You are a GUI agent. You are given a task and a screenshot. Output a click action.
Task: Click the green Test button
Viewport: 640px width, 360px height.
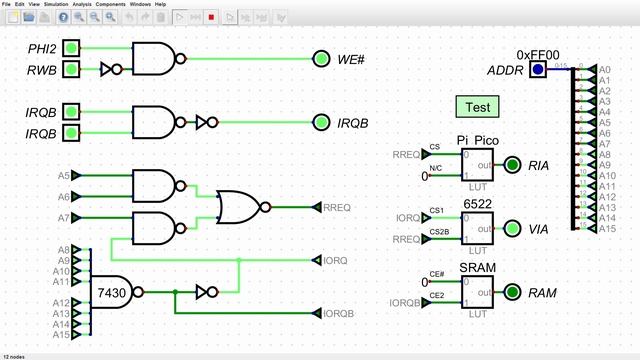click(477, 106)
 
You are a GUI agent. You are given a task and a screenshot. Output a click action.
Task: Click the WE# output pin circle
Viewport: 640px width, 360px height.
click(320, 58)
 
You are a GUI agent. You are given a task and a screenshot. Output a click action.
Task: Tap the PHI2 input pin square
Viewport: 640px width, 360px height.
click(71, 48)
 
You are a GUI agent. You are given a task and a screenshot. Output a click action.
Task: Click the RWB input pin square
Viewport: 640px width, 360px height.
click(71, 69)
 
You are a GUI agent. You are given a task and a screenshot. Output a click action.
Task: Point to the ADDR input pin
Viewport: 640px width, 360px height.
click(538, 69)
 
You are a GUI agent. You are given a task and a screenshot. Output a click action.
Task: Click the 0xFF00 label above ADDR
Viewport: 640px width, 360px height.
click(538, 54)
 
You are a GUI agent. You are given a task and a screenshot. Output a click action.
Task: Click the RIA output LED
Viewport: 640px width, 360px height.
click(511, 165)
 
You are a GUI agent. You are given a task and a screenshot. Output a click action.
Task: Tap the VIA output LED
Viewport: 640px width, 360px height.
click(511, 228)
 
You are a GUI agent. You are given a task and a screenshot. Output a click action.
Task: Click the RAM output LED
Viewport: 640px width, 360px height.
click(511, 292)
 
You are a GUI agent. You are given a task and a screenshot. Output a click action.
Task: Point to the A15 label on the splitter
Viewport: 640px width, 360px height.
click(606, 229)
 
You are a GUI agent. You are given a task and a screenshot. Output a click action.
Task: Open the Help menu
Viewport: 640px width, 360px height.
click(160, 4)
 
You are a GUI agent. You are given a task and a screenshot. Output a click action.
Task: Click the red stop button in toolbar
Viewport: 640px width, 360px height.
click(211, 17)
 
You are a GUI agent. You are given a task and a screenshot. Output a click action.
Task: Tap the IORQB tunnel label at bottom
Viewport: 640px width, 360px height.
click(337, 313)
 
